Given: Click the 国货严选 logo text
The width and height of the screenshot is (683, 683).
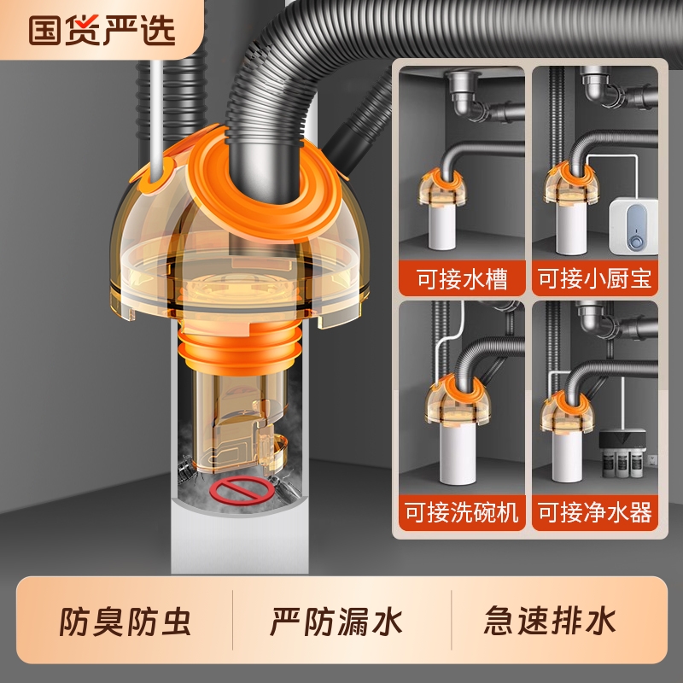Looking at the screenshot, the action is [x=102, y=29].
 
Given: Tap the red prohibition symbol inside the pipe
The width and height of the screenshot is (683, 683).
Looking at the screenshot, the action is [x=237, y=490].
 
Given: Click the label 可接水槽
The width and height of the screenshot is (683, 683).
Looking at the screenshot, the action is [x=460, y=278].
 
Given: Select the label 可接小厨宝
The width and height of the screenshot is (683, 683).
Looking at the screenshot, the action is [x=594, y=278].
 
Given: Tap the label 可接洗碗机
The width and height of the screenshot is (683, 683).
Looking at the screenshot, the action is [x=460, y=512].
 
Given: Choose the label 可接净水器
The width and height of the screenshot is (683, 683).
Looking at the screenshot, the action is [x=594, y=512].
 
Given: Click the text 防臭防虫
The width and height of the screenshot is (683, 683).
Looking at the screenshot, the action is [x=126, y=621].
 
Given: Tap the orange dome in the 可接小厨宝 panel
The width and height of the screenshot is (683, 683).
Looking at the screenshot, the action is [x=569, y=184].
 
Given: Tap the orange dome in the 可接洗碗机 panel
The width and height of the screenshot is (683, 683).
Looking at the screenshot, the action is [x=448, y=407].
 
